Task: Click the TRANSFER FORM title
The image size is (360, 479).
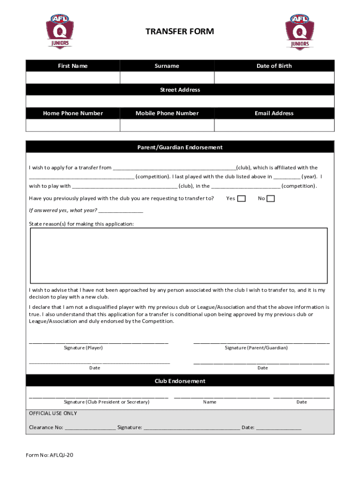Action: click(x=180, y=31)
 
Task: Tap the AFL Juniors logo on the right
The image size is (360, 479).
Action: click(x=300, y=31)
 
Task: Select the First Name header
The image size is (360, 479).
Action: click(x=72, y=66)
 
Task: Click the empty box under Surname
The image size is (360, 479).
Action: click(x=167, y=78)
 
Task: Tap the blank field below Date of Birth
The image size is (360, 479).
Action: click(x=274, y=78)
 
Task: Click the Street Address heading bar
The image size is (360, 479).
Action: click(x=180, y=90)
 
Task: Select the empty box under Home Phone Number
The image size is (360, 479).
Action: click(x=72, y=125)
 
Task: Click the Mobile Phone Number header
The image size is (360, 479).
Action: click(x=167, y=113)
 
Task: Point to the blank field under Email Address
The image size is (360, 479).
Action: click(x=274, y=125)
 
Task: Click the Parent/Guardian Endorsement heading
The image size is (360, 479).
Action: click(x=180, y=147)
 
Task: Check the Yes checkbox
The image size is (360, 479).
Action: click(x=241, y=199)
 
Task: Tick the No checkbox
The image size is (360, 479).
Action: click(x=271, y=199)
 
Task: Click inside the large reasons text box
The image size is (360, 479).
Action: click(x=179, y=255)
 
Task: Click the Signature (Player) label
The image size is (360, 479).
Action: click(x=83, y=348)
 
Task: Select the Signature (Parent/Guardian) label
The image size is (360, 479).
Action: click(x=256, y=348)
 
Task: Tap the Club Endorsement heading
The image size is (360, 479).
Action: click(x=180, y=381)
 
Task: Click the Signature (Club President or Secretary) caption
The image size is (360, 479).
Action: click(x=107, y=402)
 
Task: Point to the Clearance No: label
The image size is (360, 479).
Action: click(x=46, y=428)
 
